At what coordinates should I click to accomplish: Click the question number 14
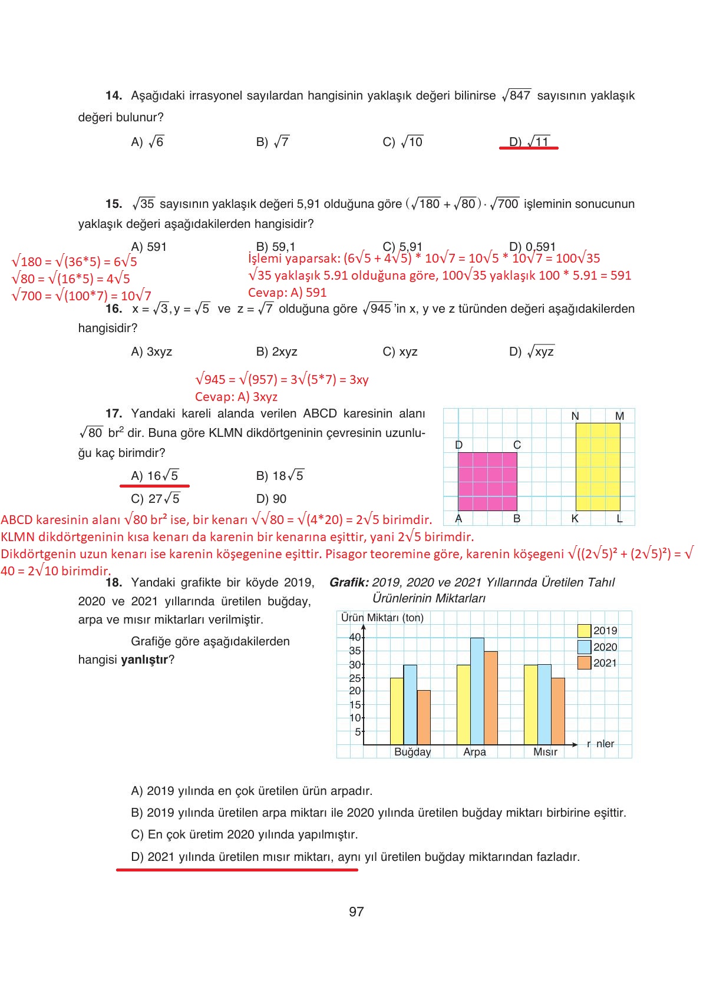(x=113, y=95)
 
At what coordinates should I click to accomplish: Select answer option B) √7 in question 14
(x=273, y=142)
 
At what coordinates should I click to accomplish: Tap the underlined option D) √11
(x=529, y=142)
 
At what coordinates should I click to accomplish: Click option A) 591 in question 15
(x=149, y=247)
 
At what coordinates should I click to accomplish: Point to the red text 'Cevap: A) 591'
(x=287, y=293)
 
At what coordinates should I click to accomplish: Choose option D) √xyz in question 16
(x=532, y=352)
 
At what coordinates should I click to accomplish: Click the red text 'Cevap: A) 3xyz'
(x=236, y=397)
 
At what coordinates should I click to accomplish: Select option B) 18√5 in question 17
(x=280, y=476)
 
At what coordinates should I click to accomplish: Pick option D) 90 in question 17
(x=271, y=499)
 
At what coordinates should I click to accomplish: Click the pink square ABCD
(x=487, y=481)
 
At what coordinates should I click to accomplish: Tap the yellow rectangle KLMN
(x=598, y=466)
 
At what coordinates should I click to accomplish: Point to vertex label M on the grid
(x=619, y=416)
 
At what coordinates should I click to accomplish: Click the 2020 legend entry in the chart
(x=598, y=647)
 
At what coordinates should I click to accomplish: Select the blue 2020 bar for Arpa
(x=477, y=692)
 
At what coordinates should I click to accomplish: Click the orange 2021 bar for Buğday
(x=424, y=717)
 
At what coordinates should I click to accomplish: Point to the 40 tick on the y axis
(x=355, y=637)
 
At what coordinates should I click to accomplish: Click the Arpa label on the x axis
(x=474, y=752)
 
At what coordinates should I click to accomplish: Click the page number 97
(x=356, y=912)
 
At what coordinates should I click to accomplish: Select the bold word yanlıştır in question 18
(x=144, y=659)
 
